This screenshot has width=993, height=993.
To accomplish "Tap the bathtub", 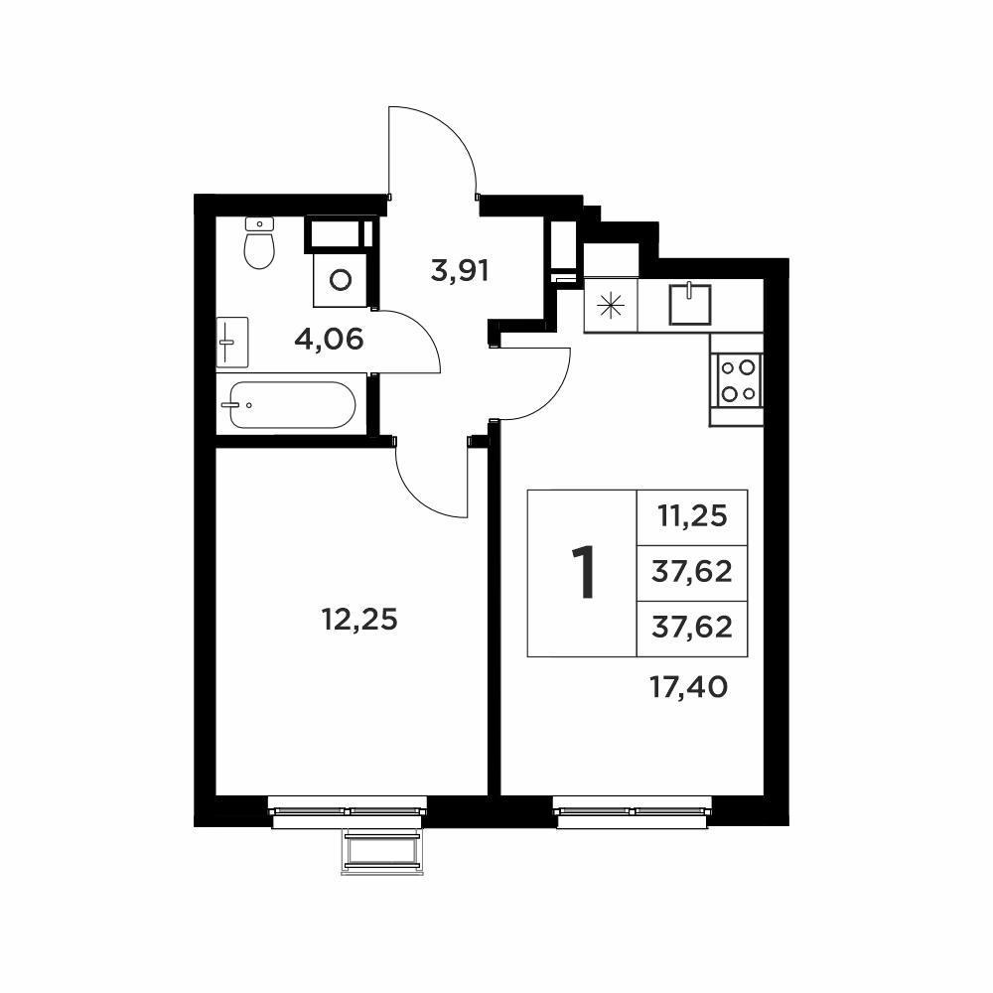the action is click(292, 405).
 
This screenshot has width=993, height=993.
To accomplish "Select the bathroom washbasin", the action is click(231, 342).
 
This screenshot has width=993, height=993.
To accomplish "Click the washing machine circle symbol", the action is click(341, 279).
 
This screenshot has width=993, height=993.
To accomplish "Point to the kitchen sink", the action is click(690, 305).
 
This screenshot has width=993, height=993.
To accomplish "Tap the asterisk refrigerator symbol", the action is click(611, 306).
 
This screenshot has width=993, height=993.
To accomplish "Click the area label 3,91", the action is click(460, 272).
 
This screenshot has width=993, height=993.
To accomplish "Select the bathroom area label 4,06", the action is click(329, 340).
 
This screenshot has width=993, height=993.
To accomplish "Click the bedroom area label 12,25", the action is click(359, 620).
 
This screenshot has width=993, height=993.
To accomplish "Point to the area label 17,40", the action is click(689, 687).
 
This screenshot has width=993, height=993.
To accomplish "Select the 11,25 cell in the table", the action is click(692, 517).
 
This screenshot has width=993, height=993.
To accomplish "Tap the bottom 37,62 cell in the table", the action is click(692, 628).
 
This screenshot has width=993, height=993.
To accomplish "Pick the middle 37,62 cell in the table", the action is click(692, 572).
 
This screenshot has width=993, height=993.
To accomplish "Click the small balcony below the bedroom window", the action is click(382, 852).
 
